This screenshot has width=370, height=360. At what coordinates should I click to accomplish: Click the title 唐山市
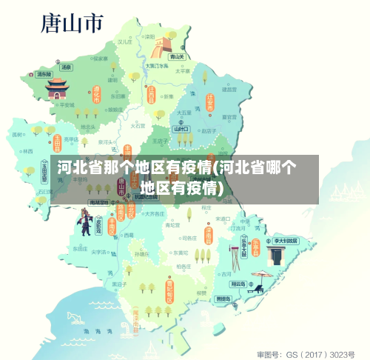click(72, 24)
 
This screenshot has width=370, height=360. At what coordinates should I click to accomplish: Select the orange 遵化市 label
click(96, 95)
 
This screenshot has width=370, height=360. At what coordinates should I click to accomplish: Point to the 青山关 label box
click(176, 56)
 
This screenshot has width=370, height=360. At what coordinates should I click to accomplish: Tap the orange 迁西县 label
click(151, 96)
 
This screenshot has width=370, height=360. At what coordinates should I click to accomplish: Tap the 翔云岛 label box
click(238, 284)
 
